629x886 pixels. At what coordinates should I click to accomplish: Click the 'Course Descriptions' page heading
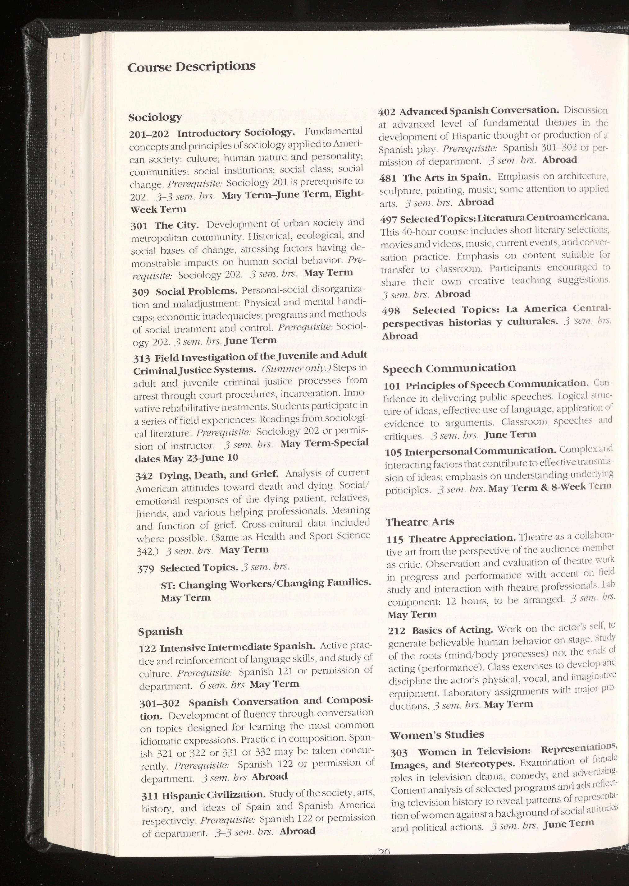[191, 67]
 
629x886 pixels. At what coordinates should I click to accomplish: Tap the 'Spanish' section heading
[160, 631]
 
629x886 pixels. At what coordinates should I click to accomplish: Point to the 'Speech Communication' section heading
[449, 368]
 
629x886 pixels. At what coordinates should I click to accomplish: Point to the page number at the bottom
[384, 881]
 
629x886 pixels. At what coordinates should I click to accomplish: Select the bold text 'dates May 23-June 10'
[186, 458]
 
